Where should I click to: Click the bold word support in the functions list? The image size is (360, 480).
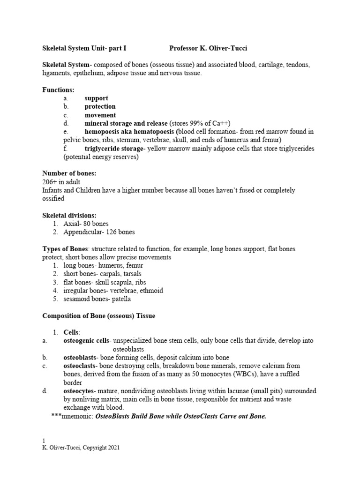97,98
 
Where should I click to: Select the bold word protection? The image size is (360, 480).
100,106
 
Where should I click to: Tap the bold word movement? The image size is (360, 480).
100,115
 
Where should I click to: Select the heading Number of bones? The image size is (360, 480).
69,173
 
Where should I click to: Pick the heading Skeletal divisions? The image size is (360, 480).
69,216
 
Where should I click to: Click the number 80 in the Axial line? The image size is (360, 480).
86,224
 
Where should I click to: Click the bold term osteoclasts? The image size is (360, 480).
80,366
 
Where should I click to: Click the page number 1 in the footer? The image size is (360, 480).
44,441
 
